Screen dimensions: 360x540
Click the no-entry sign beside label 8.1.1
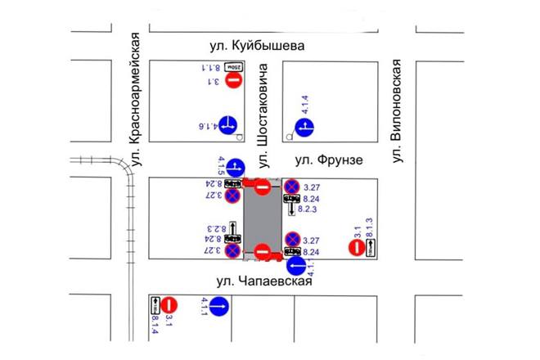point(234,80)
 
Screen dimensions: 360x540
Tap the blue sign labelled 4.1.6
point(227,125)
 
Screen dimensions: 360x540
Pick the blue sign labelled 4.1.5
point(235,168)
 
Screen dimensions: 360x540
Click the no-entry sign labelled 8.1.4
point(170,305)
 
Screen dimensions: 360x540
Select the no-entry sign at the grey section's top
point(263,188)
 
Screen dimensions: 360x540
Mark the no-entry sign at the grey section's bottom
point(263,251)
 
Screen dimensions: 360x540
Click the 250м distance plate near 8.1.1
point(234,65)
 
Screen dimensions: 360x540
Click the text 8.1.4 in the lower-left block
point(155,326)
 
